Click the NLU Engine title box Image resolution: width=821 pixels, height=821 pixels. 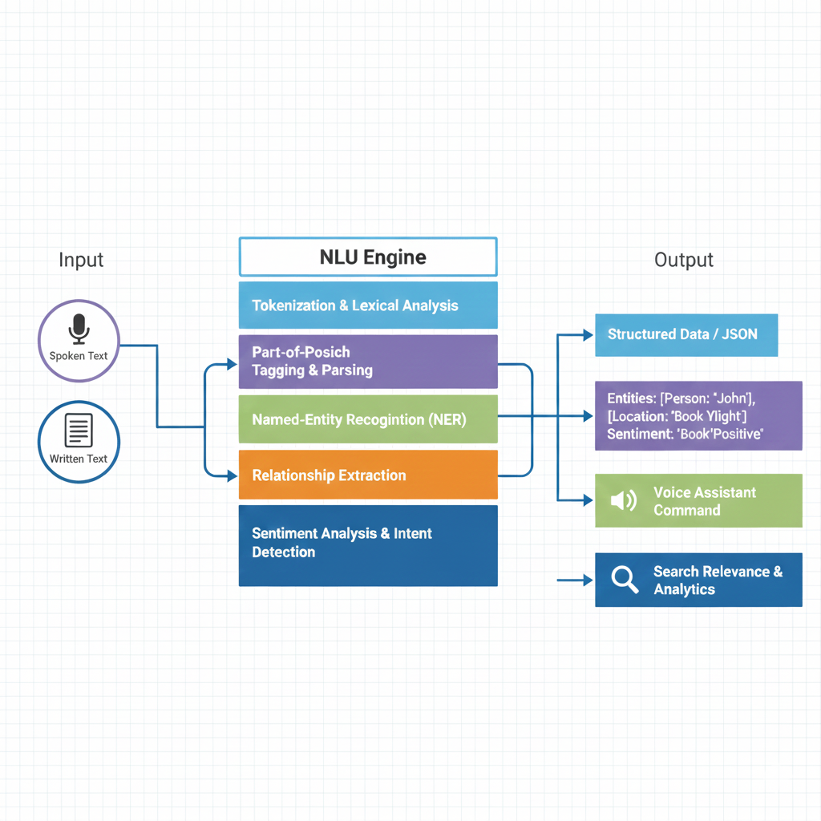(x=368, y=257)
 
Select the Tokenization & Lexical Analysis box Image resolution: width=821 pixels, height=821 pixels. (x=368, y=305)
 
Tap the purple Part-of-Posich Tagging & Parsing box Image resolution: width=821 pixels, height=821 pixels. (x=368, y=361)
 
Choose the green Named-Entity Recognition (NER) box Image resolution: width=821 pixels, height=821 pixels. (x=368, y=419)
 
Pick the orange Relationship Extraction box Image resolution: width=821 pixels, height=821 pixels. (x=368, y=475)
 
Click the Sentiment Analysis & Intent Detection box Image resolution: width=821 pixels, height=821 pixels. (x=368, y=545)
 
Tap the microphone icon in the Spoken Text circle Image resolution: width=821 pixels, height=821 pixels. (x=78, y=329)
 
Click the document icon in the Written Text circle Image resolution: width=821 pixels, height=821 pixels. (x=78, y=431)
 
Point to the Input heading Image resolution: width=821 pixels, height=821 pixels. (x=81, y=260)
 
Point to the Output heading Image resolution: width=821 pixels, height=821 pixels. (x=684, y=260)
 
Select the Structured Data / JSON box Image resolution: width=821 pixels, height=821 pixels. (x=686, y=334)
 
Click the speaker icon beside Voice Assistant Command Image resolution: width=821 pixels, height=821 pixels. (x=623, y=501)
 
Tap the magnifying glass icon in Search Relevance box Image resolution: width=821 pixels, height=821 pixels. (x=624, y=579)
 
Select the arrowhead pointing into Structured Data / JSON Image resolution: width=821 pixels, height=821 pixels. (x=588, y=335)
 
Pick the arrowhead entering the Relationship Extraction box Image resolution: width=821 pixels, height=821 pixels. (x=233, y=475)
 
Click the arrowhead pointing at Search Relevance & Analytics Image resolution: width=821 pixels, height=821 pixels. (x=587, y=579)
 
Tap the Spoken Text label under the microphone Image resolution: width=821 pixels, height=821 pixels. (x=78, y=356)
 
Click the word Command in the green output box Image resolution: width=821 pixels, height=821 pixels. (x=686, y=510)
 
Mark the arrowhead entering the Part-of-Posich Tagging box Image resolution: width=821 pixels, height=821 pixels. (x=233, y=365)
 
